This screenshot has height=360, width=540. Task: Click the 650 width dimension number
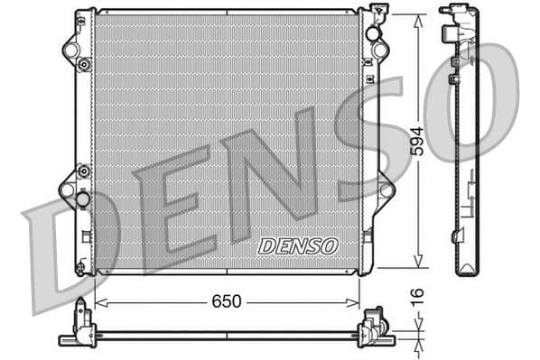(x=227, y=301)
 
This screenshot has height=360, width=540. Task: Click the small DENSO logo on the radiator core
(x=297, y=245)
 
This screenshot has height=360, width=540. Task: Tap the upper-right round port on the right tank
(x=372, y=33)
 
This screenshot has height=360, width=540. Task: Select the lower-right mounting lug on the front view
(x=386, y=190)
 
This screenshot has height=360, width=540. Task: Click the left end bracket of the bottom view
(x=81, y=328)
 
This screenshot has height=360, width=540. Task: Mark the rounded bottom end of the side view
(x=466, y=269)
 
